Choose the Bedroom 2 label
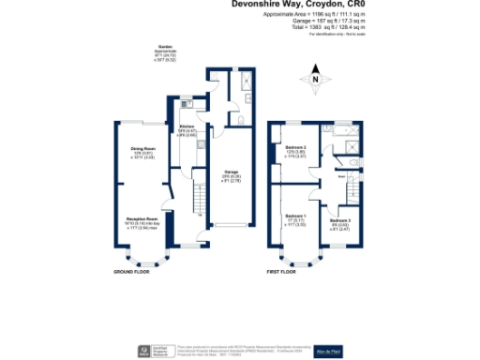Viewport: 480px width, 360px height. coord(299,148)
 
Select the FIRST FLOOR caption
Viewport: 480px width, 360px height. coord(283,272)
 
